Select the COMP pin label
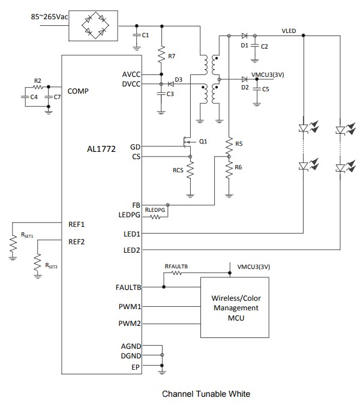point(78,91)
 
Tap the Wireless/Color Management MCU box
point(235,308)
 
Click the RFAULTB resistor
point(176,273)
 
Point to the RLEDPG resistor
point(154,216)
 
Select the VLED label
point(290,31)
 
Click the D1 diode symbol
point(243,36)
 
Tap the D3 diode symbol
point(171,83)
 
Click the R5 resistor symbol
point(228,144)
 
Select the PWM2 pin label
point(130,324)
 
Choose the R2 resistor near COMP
point(37,86)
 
